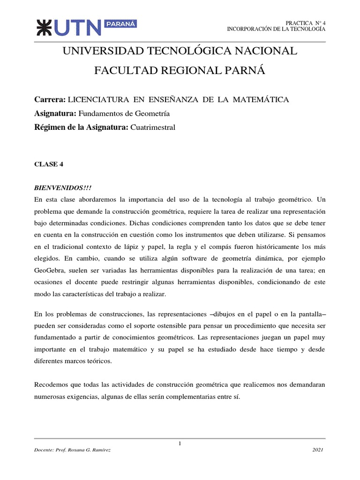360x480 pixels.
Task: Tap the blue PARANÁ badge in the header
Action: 121,23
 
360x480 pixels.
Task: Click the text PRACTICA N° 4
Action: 305,23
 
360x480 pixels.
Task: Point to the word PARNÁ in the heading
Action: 245,71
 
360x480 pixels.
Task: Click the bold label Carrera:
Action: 50,100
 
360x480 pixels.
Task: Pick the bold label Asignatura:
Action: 55,113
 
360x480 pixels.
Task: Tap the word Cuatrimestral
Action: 152,127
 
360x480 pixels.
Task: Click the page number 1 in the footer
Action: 180,443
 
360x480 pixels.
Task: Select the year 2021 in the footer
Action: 318,450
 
